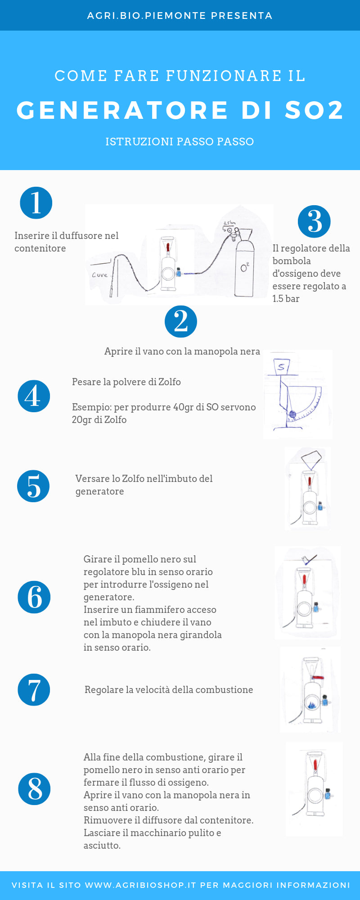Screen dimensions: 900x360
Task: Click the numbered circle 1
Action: (x=36, y=203)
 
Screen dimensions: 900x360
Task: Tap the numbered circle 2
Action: (x=181, y=321)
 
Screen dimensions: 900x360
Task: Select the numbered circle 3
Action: (x=314, y=221)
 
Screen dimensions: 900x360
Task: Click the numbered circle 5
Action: (x=33, y=486)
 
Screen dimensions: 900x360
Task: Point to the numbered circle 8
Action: (x=34, y=789)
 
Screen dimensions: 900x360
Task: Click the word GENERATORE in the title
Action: (x=123, y=110)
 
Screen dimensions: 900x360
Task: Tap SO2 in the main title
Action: (x=314, y=110)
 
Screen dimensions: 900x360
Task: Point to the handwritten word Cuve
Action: (x=99, y=275)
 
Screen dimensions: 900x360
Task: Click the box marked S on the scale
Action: (x=281, y=367)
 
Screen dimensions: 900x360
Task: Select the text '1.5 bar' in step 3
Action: (x=286, y=299)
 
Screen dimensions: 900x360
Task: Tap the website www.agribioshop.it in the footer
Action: (x=140, y=885)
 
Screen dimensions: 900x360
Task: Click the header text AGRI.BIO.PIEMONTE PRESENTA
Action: (x=180, y=16)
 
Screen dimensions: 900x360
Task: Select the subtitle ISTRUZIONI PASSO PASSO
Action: (x=180, y=142)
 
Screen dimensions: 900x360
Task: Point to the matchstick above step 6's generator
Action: (x=310, y=559)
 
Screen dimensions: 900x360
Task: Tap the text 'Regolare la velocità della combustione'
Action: (x=169, y=690)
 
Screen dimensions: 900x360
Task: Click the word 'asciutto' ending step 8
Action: (x=102, y=846)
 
